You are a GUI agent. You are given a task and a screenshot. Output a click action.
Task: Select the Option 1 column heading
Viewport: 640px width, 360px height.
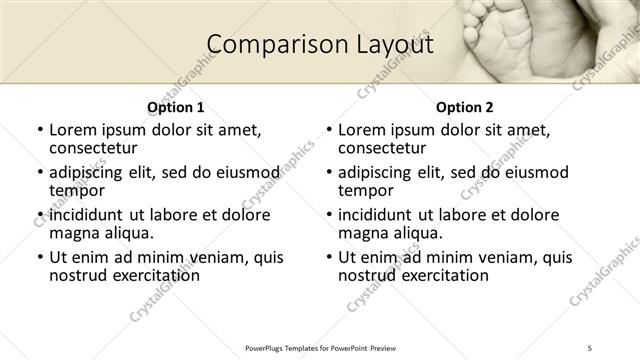pos(175,107)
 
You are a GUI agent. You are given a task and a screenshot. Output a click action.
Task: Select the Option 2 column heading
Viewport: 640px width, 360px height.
pos(465,107)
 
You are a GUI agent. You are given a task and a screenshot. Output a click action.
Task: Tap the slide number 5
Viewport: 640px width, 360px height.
pos(591,347)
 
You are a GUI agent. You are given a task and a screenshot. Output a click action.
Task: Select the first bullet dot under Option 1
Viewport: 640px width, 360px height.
pos(40,130)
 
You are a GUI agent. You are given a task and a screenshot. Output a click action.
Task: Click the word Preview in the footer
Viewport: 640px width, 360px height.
pos(391,347)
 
